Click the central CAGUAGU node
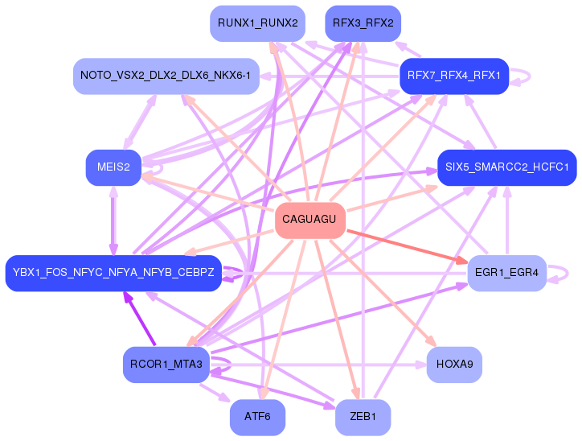click(310, 220)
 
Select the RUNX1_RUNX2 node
click(256, 23)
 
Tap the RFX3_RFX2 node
click(363, 23)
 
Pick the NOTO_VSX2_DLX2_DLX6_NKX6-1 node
click(166, 76)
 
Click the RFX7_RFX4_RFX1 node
click(454, 76)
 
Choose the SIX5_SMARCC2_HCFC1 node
click(506, 167)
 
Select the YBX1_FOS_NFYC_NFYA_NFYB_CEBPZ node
click(113, 273)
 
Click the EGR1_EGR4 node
click(506, 273)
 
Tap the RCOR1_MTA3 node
click(166, 365)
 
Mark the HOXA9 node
click(454, 365)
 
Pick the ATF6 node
click(257, 417)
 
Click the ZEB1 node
click(363, 417)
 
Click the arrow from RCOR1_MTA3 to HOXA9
click(322, 365)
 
